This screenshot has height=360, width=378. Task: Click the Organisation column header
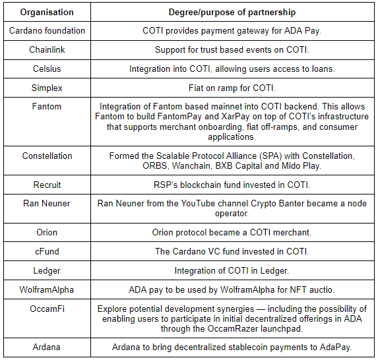(x=47, y=12)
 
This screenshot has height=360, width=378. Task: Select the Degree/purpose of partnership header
(x=232, y=13)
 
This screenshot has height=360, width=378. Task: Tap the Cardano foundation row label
(x=47, y=30)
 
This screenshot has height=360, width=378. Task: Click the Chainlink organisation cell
(x=47, y=49)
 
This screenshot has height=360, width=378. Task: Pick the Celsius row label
(x=47, y=69)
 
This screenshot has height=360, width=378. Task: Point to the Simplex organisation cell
(x=47, y=88)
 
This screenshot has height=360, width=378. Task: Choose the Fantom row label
(x=47, y=106)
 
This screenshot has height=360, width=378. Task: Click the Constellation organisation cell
(x=47, y=156)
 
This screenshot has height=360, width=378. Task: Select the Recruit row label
(x=47, y=185)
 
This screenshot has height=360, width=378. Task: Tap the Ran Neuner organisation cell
(x=47, y=203)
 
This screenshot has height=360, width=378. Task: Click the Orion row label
(x=47, y=232)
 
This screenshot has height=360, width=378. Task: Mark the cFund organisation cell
(x=47, y=251)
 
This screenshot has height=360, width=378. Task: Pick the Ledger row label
(x=47, y=270)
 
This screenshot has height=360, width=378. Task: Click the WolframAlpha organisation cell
(x=47, y=289)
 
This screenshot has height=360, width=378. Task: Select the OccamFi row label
(x=47, y=309)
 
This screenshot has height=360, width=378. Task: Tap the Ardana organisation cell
(x=47, y=347)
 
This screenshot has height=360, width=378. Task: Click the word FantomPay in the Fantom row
(x=179, y=117)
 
